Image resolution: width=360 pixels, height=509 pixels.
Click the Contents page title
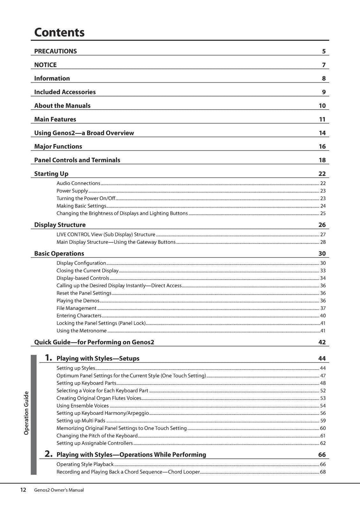[x=59, y=32]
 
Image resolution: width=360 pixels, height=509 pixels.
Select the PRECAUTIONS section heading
[x=55, y=51]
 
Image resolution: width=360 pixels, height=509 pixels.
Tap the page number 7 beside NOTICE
[x=323, y=65]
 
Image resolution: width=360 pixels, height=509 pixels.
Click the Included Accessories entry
[x=65, y=92]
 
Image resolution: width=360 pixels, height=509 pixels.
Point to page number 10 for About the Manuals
[x=322, y=106]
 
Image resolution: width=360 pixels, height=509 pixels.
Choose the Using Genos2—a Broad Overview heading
[x=84, y=133]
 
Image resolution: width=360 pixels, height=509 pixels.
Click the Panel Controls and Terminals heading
[x=77, y=160]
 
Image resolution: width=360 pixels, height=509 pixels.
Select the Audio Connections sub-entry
[x=78, y=183]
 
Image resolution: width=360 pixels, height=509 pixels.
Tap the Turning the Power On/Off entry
[x=86, y=198]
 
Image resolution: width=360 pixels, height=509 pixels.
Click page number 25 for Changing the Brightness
[x=323, y=214]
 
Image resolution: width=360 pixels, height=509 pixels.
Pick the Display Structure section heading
[x=60, y=225]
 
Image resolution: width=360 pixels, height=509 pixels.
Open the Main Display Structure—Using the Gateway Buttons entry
[x=116, y=242]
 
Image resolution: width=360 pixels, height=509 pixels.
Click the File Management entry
[x=76, y=308]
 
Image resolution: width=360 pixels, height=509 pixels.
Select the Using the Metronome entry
[x=82, y=331]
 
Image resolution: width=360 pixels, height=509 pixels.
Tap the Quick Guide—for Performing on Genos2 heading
[x=94, y=342]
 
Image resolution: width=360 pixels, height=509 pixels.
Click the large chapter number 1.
[x=49, y=358]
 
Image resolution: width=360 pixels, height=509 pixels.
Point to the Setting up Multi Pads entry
[x=81, y=421]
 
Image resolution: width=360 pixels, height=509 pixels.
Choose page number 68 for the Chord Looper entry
[x=323, y=472]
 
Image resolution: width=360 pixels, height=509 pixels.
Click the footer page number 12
[x=23, y=490]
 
